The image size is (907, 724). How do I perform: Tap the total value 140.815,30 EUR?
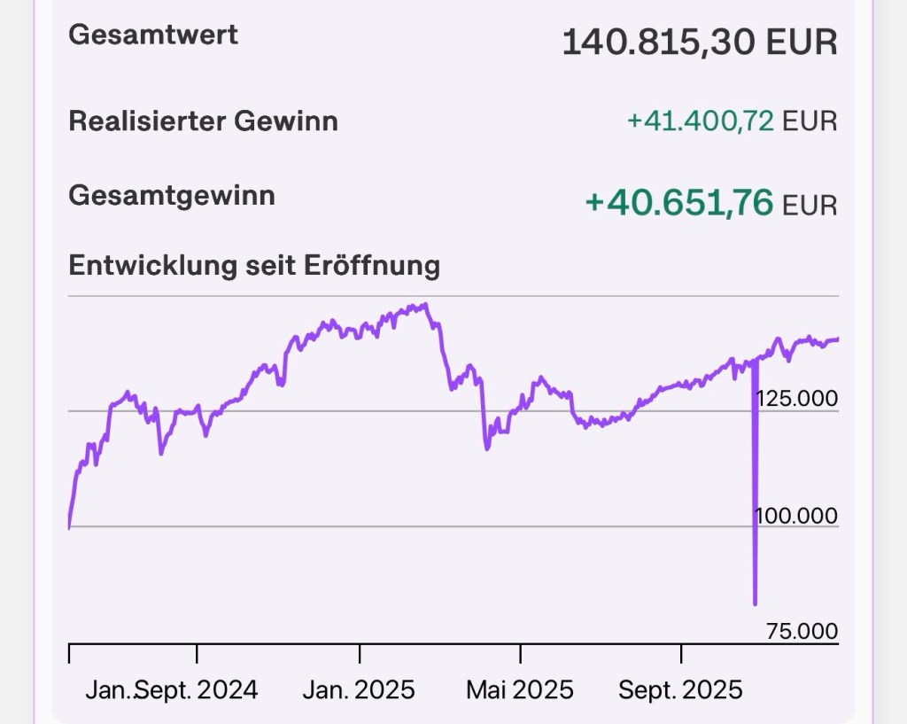(699, 42)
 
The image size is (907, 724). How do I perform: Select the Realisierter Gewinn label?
(203, 121)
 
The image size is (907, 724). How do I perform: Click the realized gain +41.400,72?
(700, 121)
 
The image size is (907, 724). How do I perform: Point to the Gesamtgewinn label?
(172, 195)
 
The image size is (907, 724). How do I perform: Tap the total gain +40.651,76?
(678, 202)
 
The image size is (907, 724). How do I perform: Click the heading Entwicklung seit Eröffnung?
(254, 265)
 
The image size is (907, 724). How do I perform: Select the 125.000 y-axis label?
(796, 398)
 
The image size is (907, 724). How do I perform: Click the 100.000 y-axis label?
(796, 515)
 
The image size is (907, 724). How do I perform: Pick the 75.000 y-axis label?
(801, 631)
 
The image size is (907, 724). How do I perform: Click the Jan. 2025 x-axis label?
(358, 689)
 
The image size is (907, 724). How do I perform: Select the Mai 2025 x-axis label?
(520, 689)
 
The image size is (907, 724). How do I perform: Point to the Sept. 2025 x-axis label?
(680, 689)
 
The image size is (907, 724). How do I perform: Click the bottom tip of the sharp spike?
(755, 603)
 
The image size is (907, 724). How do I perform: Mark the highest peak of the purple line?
(426, 305)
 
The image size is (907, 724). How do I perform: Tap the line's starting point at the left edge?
(69, 527)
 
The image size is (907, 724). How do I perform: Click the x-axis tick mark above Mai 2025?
(521, 653)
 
